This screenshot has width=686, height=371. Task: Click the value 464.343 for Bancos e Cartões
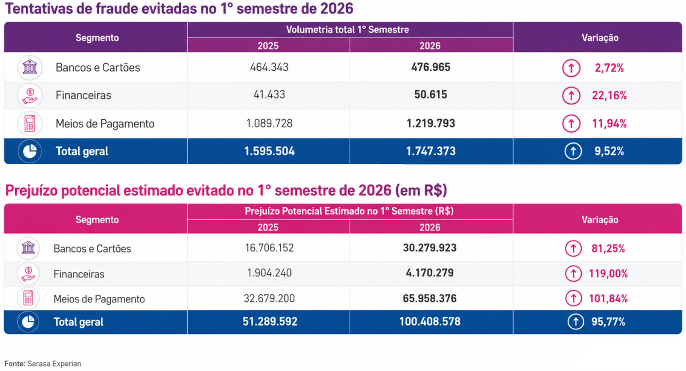click(x=269, y=67)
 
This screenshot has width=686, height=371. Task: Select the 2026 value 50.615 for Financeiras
click(x=431, y=94)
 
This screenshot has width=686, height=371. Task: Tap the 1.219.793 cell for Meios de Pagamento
click(x=431, y=123)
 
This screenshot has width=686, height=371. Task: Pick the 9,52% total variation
click(x=609, y=151)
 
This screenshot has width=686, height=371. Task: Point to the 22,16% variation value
click(x=609, y=95)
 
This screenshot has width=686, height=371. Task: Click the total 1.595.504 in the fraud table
click(x=269, y=151)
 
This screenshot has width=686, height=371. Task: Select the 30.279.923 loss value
click(x=430, y=248)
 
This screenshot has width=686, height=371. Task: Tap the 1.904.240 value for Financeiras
click(x=269, y=273)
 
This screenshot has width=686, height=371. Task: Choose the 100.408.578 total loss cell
click(x=430, y=322)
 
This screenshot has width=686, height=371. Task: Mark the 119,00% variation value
click(x=608, y=274)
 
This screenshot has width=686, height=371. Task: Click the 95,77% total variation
click(x=608, y=322)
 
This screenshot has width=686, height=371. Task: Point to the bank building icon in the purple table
click(x=30, y=67)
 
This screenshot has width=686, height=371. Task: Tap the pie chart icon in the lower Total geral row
click(x=28, y=322)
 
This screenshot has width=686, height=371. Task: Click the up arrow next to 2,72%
click(x=571, y=68)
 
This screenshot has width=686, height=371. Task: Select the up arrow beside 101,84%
click(x=573, y=298)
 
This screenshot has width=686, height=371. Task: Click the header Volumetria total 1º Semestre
click(x=347, y=30)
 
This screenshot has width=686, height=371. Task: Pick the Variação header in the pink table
click(x=600, y=220)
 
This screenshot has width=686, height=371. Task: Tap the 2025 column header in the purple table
click(x=268, y=46)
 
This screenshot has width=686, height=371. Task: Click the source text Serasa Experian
click(x=54, y=364)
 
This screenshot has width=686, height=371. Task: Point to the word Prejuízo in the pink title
click(x=32, y=190)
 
